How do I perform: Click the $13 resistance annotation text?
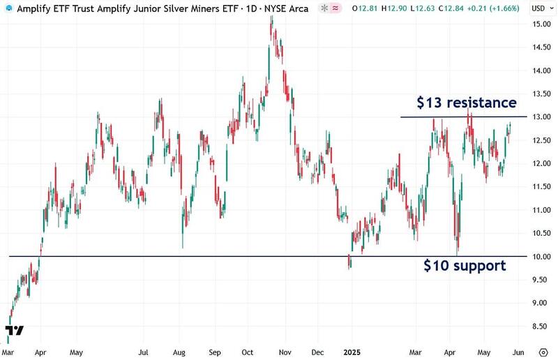(467, 103)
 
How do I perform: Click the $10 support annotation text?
(466, 266)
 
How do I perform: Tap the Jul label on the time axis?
(144, 353)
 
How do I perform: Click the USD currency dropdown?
(538, 8)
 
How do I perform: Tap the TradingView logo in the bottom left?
(13, 330)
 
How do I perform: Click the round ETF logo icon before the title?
(6, 8)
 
